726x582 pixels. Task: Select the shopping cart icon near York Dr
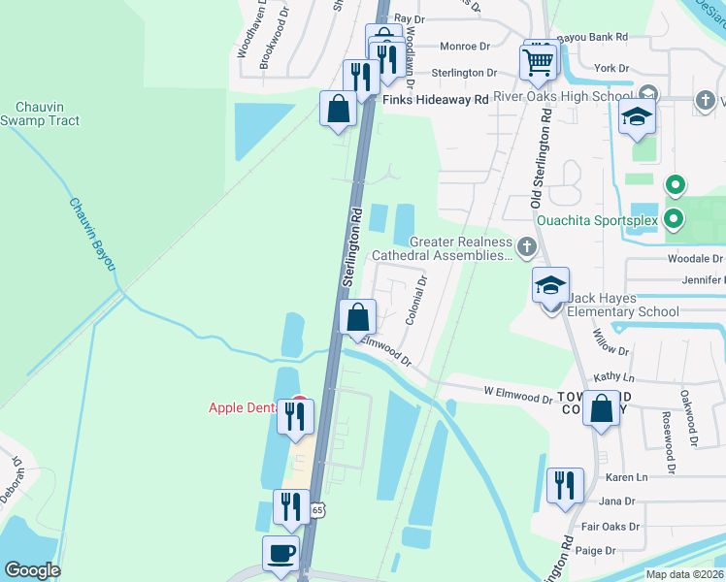pyautogui.click(x=540, y=61)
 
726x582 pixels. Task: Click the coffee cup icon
pyautogui.click(x=280, y=555)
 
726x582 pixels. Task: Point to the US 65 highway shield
pyautogui.click(x=317, y=509)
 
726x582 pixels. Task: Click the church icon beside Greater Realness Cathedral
pyautogui.click(x=526, y=247)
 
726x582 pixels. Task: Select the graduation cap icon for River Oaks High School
pyautogui.click(x=638, y=119)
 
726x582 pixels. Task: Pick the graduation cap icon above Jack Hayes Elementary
pyautogui.click(x=549, y=285)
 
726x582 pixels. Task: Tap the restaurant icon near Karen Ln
pyautogui.click(x=564, y=485)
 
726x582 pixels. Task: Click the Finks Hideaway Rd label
pyautogui.click(x=436, y=100)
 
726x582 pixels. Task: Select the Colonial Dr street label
pyautogui.click(x=415, y=301)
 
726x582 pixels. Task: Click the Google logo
pyautogui.click(x=32, y=570)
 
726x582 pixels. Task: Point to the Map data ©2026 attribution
pyautogui.click(x=684, y=575)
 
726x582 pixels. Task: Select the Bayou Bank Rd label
pyautogui.click(x=595, y=37)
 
